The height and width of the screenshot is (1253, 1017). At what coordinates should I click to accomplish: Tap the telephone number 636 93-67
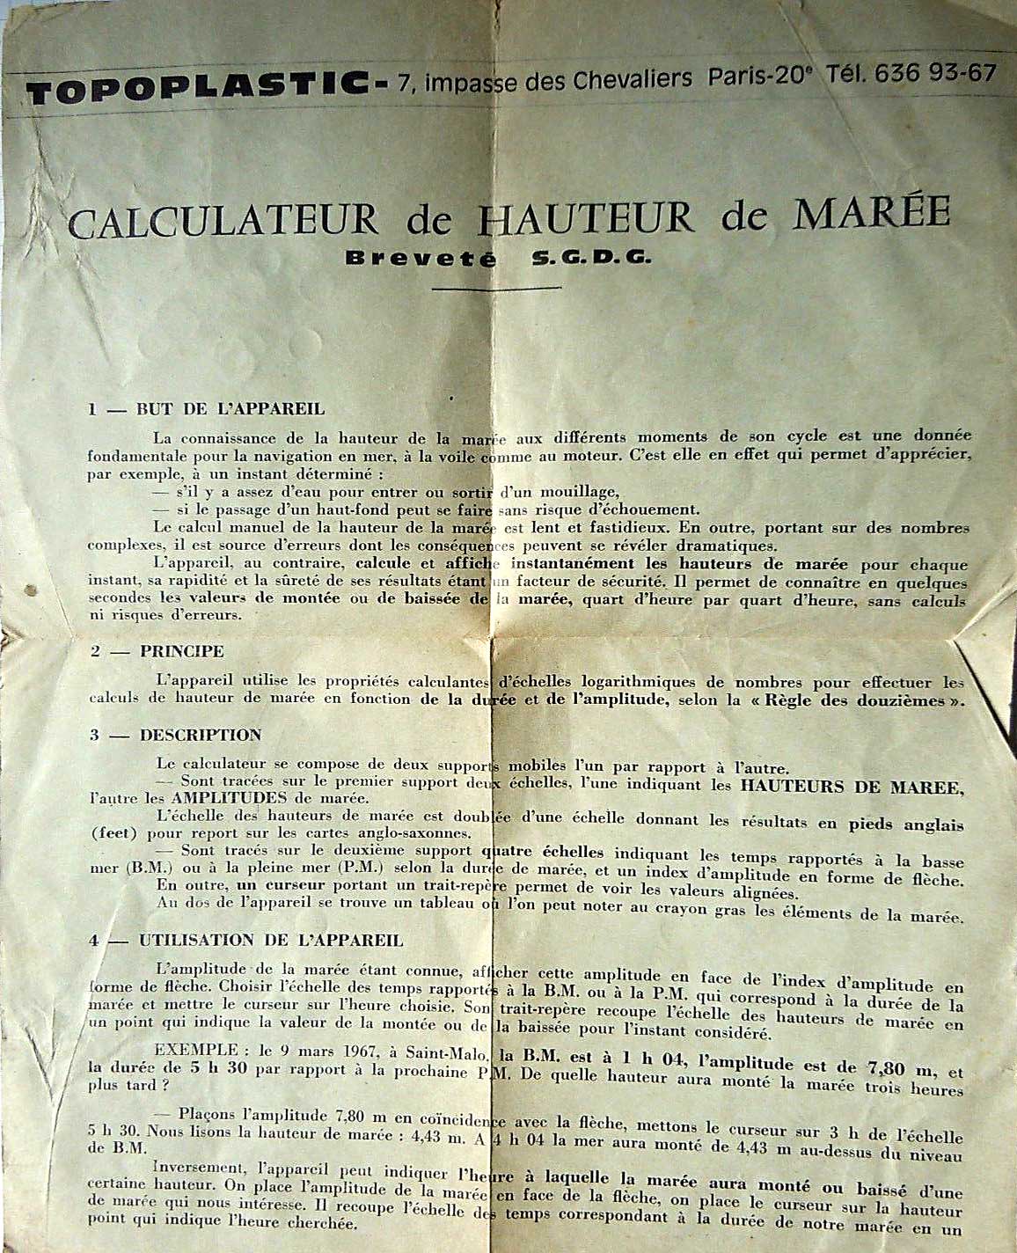coord(933,74)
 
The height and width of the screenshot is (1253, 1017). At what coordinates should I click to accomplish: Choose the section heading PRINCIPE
coord(181,652)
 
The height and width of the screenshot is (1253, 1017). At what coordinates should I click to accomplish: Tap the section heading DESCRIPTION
coord(200,735)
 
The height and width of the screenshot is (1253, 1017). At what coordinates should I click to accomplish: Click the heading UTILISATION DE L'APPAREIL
coord(271,940)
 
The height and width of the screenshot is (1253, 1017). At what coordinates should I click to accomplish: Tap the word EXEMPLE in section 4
coord(194,1050)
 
